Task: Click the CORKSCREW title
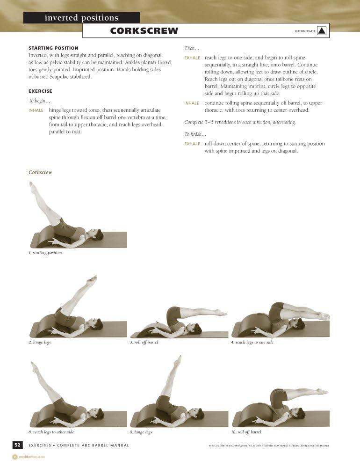click(144, 31)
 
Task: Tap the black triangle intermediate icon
click(322, 31)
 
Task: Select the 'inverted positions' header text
click(81, 18)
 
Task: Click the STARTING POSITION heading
click(53, 48)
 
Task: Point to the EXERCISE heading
click(40, 91)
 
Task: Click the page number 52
click(17, 445)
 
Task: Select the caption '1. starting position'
click(45, 253)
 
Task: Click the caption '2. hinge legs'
click(40, 343)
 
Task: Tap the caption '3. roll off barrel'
click(144, 343)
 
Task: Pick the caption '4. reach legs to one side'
click(252, 343)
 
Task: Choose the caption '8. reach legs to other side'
click(51, 432)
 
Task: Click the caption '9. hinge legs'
click(141, 432)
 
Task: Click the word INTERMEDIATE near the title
click(305, 31)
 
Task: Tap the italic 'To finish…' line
click(194, 134)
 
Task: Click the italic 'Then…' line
click(192, 48)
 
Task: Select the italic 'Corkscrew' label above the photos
click(40, 172)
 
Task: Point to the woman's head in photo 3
click(197, 329)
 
